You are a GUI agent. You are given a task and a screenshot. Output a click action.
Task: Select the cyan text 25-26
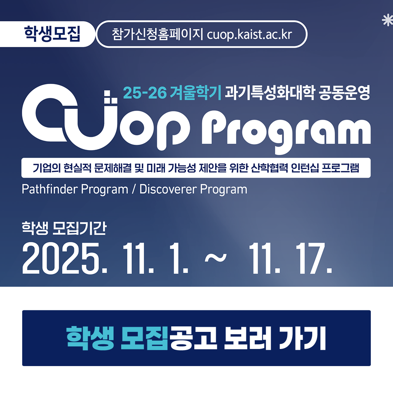click(x=144, y=94)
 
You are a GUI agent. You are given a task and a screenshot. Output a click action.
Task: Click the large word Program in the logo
click(x=286, y=131)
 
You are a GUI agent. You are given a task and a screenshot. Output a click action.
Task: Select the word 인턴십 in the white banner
click(x=305, y=168)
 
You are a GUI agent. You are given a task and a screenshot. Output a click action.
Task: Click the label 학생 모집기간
click(x=64, y=229)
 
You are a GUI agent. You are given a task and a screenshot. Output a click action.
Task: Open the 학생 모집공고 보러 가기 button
click(x=196, y=338)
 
